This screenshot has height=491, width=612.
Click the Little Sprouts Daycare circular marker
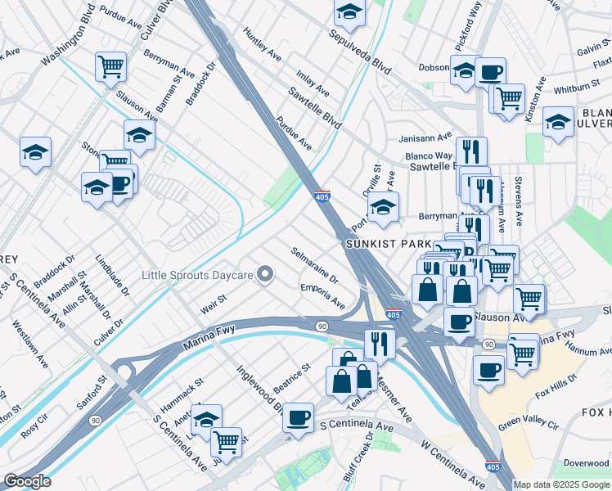(x=265, y=275)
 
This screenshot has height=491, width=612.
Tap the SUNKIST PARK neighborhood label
(x=376, y=244)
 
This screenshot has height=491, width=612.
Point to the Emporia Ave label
(x=322, y=295)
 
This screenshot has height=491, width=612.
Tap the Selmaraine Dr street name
(x=315, y=264)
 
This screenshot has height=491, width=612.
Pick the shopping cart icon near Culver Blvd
(x=110, y=67)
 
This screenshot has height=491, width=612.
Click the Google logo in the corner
(x=27, y=481)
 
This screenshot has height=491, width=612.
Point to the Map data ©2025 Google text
(x=561, y=484)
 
